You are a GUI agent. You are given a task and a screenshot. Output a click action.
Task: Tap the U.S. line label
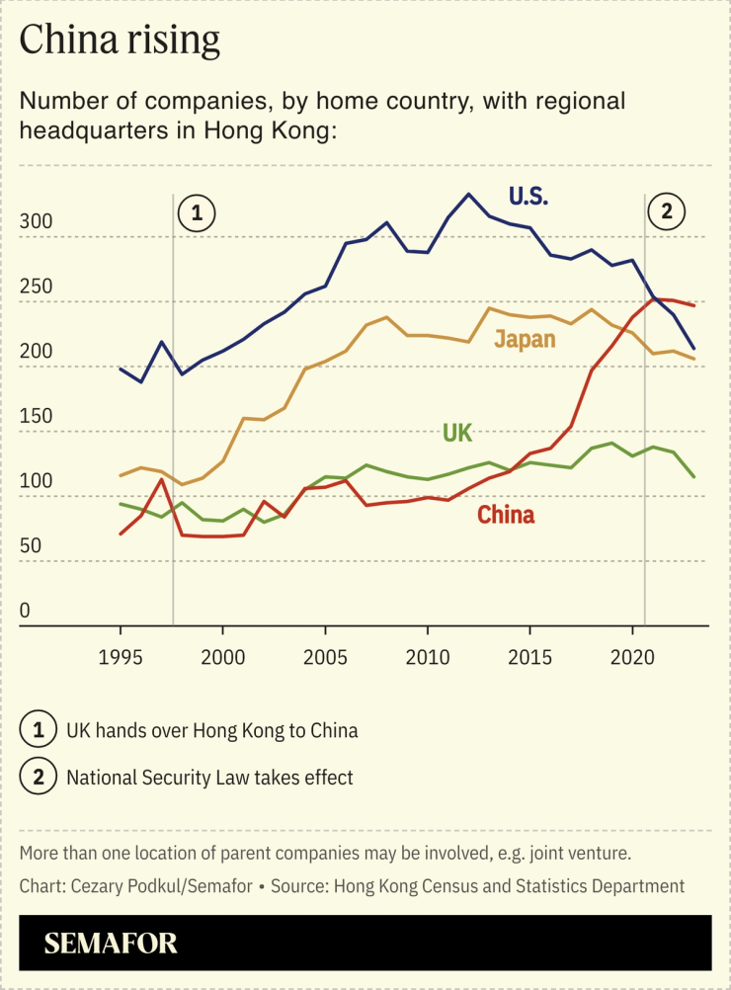528,196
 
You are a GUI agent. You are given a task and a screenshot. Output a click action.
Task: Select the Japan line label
525,339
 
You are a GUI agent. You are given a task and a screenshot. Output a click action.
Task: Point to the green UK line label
457,433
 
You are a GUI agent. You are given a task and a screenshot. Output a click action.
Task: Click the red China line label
506,515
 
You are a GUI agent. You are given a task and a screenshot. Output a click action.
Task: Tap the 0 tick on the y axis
25,612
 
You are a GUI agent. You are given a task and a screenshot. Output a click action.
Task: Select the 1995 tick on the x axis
121,655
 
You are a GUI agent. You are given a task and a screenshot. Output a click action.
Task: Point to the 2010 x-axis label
428,655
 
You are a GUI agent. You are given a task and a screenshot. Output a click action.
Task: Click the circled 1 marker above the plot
197,212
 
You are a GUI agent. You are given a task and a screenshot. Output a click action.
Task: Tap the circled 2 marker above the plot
667,211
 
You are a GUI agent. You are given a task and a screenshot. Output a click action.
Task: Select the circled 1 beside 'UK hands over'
38,731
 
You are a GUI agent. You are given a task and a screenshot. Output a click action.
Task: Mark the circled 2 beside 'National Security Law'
38,778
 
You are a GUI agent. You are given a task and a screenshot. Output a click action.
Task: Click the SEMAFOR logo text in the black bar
111,943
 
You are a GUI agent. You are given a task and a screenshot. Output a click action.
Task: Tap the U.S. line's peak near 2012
468,194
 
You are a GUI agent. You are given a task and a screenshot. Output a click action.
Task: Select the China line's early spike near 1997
161,479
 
